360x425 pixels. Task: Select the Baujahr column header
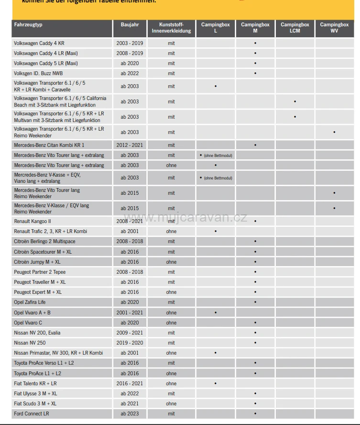(x=129, y=24)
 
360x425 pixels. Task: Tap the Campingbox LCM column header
(x=295, y=28)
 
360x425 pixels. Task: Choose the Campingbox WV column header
(x=334, y=28)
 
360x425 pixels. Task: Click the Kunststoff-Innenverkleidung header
(x=171, y=28)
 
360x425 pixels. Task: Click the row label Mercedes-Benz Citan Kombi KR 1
(x=49, y=145)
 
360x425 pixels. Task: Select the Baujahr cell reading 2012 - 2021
(x=129, y=145)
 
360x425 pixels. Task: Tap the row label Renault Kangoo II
(x=33, y=221)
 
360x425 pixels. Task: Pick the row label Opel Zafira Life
(x=30, y=302)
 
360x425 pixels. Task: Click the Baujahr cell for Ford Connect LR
(x=129, y=414)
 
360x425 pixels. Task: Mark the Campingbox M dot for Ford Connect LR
(x=255, y=414)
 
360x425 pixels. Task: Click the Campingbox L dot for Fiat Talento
(x=216, y=383)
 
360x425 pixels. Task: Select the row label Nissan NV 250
(x=30, y=343)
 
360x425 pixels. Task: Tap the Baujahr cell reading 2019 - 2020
(x=129, y=343)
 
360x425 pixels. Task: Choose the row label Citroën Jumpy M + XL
(x=37, y=262)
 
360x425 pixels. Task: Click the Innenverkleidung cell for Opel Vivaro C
(x=171, y=323)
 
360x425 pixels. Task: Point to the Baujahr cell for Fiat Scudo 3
(x=129, y=403)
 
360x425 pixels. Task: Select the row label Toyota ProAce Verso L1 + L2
(x=44, y=363)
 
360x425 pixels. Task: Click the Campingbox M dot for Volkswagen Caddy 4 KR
(x=255, y=43)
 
